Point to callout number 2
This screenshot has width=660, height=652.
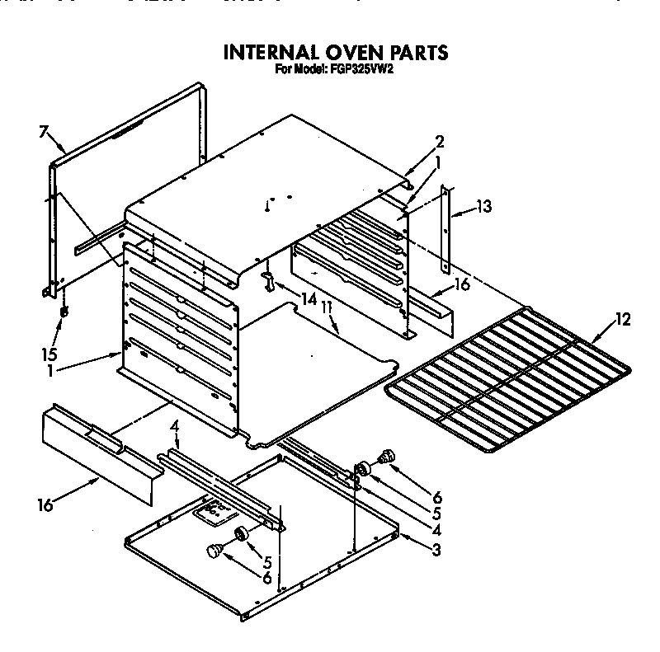pos(440,140)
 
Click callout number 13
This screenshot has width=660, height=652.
pos(483,207)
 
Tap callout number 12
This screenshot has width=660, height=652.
pos(623,321)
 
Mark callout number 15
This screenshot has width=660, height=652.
pos(50,354)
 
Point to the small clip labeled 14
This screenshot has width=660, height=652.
pos(267,280)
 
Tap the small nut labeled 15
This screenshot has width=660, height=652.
pos(64,313)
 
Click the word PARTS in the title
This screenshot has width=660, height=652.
pos(410,53)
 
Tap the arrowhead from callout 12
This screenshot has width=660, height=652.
pos(591,340)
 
